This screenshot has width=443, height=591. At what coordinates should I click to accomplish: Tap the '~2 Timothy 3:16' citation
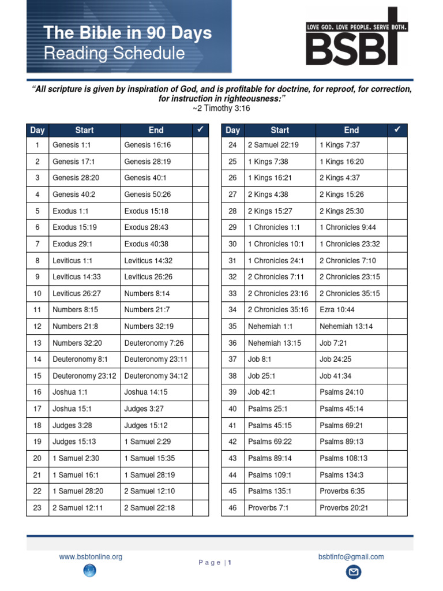pyautogui.click(x=221, y=109)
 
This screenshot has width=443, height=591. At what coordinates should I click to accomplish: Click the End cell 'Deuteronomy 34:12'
pyautogui.click(x=156, y=376)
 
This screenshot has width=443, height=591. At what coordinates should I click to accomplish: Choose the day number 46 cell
pyautogui.click(x=233, y=508)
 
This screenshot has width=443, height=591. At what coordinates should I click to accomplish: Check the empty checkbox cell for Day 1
pyautogui.click(x=200, y=145)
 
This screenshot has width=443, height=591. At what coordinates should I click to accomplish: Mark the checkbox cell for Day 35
pyautogui.click(x=397, y=326)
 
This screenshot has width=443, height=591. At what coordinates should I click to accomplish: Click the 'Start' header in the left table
pyautogui.click(x=84, y=130)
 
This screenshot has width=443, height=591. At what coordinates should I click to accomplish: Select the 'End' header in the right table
pyautogui.click(x=351, y=130)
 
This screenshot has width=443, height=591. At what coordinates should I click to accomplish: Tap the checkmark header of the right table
pyautogui.click(x=397, y=130)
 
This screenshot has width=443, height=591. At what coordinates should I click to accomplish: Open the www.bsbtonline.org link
pyautogui.click(x=91, y=557)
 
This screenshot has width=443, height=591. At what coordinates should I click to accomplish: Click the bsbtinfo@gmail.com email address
pyautogui.click(x=351, y=557)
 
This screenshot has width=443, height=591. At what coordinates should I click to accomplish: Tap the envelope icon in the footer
pyautogui.click(x=353, y=572)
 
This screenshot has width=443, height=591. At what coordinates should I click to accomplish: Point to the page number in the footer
pyautogui.click(x=229, y=563)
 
